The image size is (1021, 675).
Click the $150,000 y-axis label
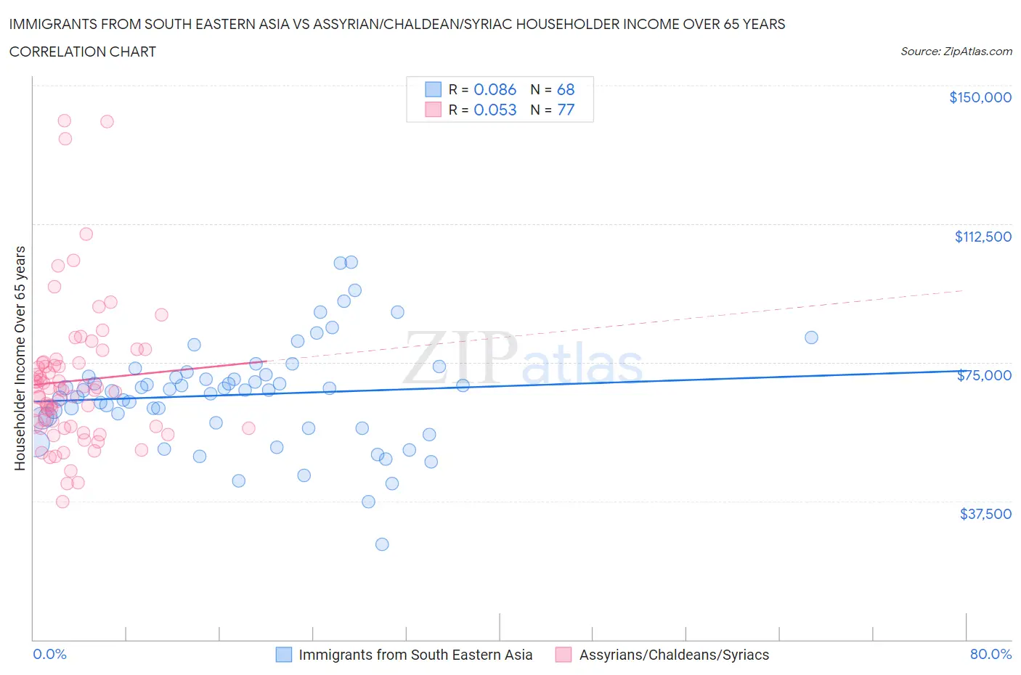[x=980, y=97]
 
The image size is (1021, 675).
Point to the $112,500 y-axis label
[x=983, y=237]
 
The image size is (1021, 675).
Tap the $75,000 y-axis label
[x=984, y=375]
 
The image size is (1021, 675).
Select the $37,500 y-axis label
[x=985, y=514]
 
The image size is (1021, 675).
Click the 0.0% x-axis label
[x=49, y=654]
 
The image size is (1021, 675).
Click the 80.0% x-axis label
[x=991, y=654]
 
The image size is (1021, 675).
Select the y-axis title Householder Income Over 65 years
[x=20, y=358]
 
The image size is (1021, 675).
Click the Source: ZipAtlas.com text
[x=956, y=52]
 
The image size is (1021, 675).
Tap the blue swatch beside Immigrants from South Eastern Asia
[x=284, y=655]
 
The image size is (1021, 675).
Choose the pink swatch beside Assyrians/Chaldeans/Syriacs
[x=563, y=655]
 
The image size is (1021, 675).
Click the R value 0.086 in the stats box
[x=495, y=89]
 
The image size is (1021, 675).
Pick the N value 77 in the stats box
[x=566, y=110]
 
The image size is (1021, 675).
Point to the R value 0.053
[x=495, y=110]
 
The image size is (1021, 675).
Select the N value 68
[x=566, y=89]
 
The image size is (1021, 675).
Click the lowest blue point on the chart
[x=382, y=544]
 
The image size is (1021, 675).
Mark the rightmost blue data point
[x=811, y=337]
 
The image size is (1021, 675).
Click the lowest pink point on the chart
[x=62, y=502]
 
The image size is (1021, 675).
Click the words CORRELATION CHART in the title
[x=83, y=52]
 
